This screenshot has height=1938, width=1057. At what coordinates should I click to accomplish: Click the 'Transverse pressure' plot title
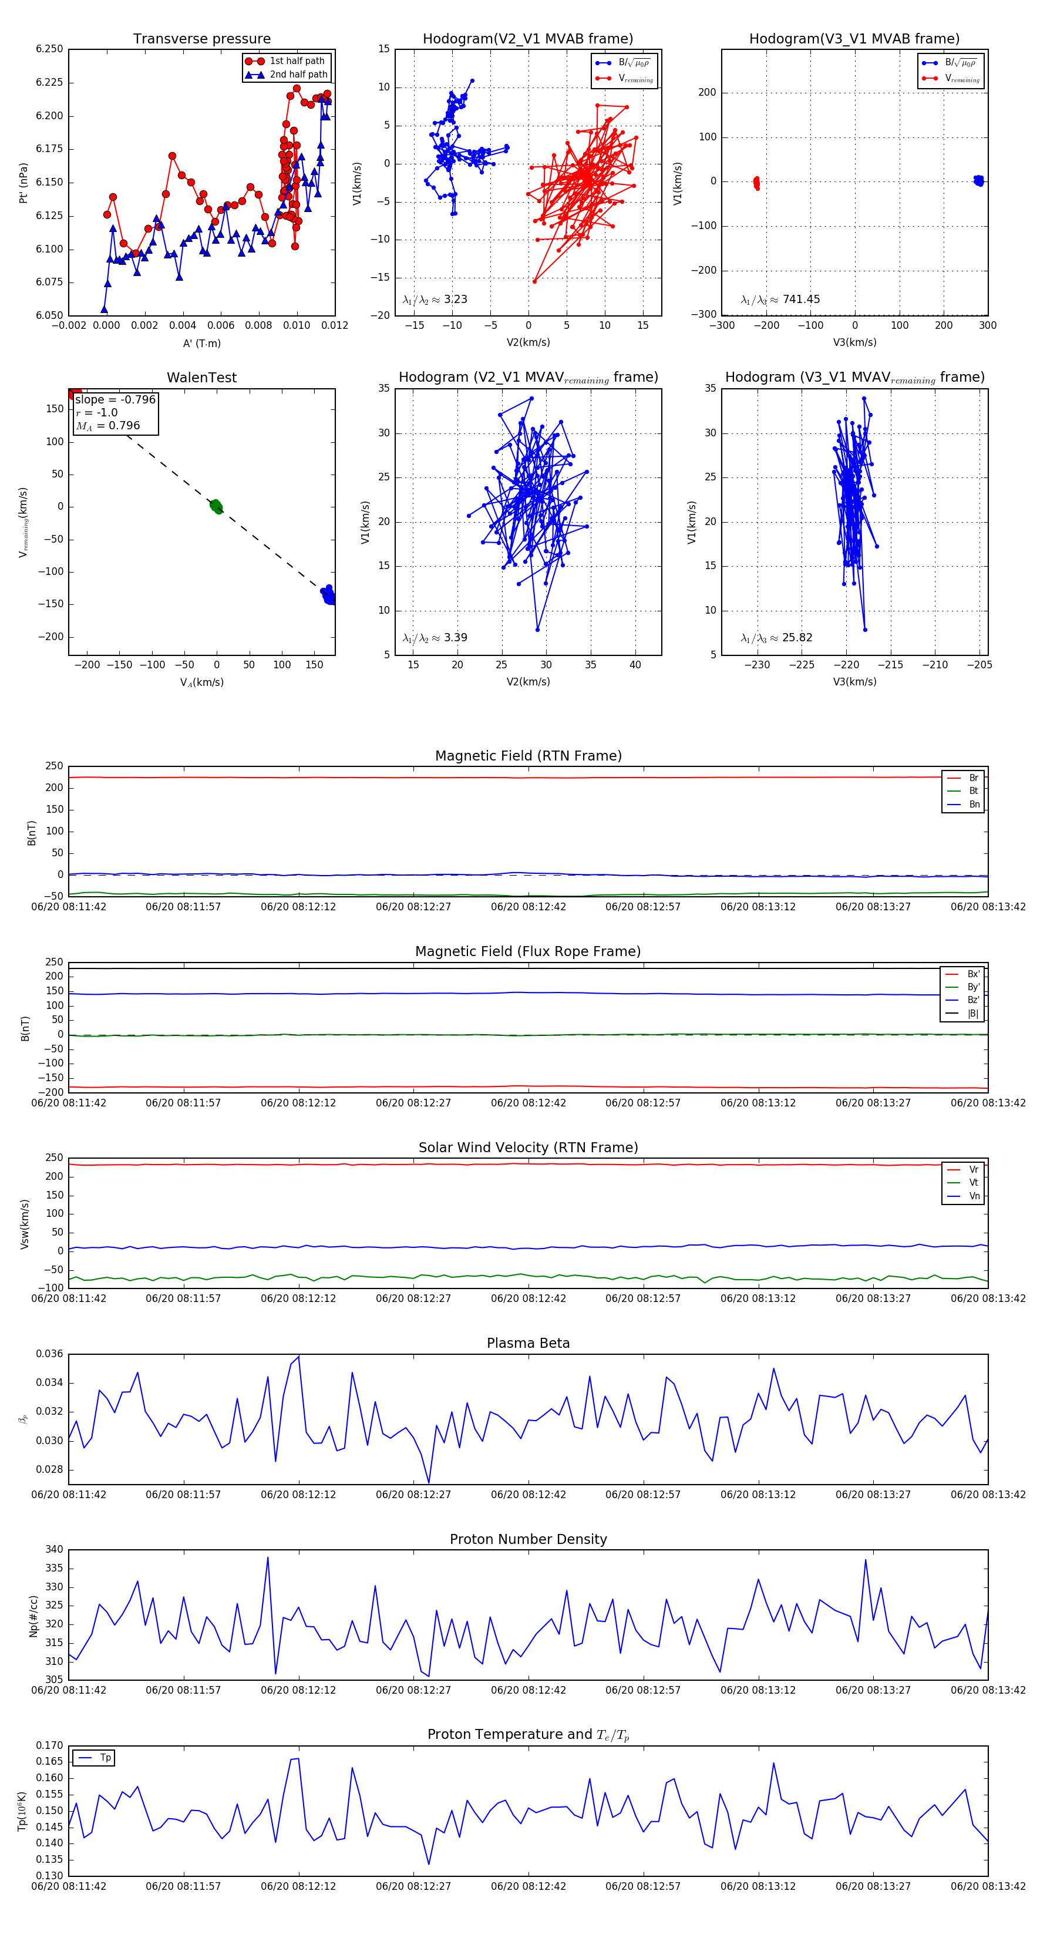[x=201, y=39]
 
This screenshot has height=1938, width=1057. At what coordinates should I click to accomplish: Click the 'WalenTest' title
[x=201, y=378]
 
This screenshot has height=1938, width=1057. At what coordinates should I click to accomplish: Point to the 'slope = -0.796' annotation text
[x=115, y=399]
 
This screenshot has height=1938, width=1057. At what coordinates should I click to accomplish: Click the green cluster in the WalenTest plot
[x=216, y=506]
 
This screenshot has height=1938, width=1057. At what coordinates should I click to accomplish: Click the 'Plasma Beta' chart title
[x=528, y=1344]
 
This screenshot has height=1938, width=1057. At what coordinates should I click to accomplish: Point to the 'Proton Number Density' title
[x=528, y=1539]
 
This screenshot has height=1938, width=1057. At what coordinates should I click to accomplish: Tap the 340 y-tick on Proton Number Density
[x=54, y=1550]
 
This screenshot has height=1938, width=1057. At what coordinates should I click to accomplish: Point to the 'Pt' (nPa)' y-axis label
[x=23, y=183]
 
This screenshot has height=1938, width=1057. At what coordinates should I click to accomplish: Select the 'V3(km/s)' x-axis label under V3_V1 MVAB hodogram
[x=854, y=342]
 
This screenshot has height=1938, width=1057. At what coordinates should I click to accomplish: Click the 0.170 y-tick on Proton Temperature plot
[x=50, y=1745]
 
